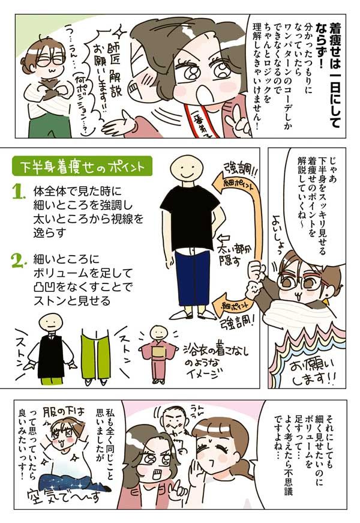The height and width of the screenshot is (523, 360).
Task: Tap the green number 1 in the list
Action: pyautogui.click(x=19, y=192)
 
